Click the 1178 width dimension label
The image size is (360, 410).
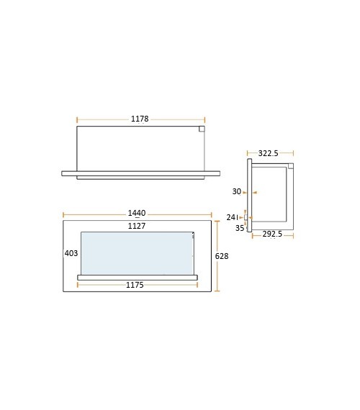pos(140,119)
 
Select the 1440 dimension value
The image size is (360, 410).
pos(137,213)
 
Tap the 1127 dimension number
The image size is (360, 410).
pos(137,226)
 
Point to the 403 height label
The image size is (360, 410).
pos(71,253)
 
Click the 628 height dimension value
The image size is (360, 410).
pos(222,256)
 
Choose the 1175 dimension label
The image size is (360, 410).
pos(135,285)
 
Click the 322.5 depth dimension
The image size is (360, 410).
pos(269,153)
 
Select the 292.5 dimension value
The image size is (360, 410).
pos(272,234)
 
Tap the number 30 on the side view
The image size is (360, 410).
pos(237,191)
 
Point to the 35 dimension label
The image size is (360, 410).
pos(240,228)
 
